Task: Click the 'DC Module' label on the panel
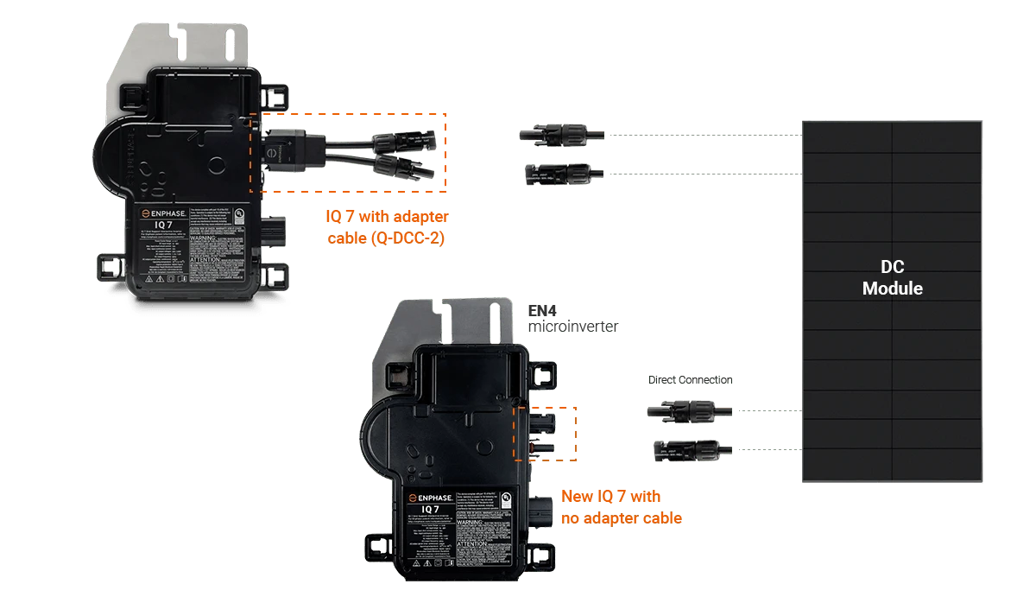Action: click(x=892, y=277)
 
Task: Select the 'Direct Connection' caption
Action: click(x=690, y=380)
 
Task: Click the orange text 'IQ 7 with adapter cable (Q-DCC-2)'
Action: click(x=388, y=227)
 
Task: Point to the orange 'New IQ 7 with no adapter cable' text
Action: click(x=622, y=507)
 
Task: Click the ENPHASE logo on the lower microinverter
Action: click(x=444, y=498)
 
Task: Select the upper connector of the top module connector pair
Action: click(x=553, y=135)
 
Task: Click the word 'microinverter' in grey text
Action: click(x=572, y=327)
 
